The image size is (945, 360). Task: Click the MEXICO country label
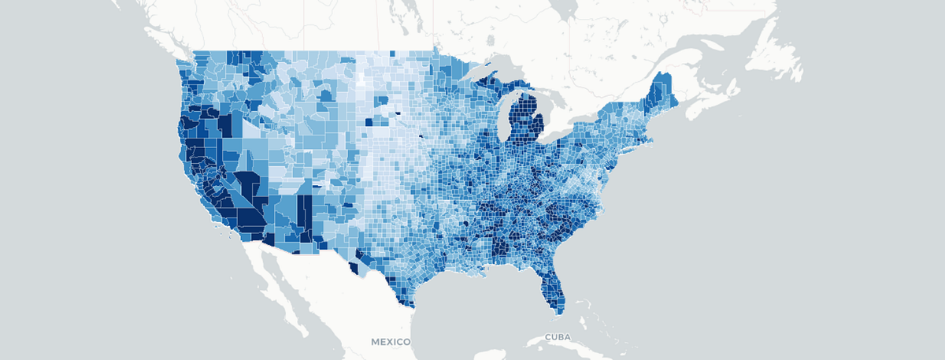[391, 342]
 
